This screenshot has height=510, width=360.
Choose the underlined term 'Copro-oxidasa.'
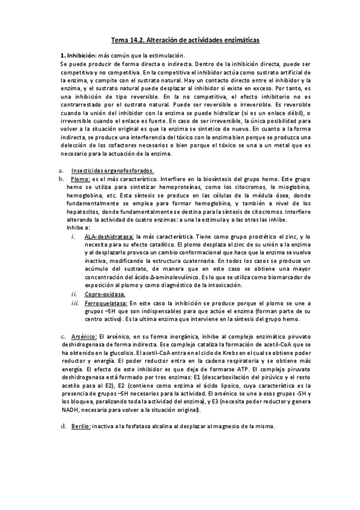coord(105,294)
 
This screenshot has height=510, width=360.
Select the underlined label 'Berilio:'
coord(81,425)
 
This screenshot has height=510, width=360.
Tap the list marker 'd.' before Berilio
coord(64,425)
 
